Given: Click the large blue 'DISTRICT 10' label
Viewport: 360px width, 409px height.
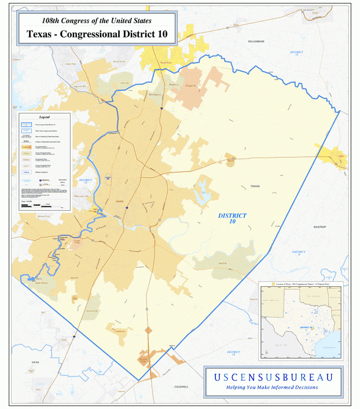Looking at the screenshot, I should [232, 218].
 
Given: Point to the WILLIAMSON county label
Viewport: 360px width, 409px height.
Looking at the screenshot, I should [255, 42].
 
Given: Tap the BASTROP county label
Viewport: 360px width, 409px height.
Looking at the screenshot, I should [320, 227].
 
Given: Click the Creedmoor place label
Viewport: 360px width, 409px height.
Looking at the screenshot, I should [120, 331].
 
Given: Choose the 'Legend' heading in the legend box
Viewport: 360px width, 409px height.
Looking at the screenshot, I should [45, 116].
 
